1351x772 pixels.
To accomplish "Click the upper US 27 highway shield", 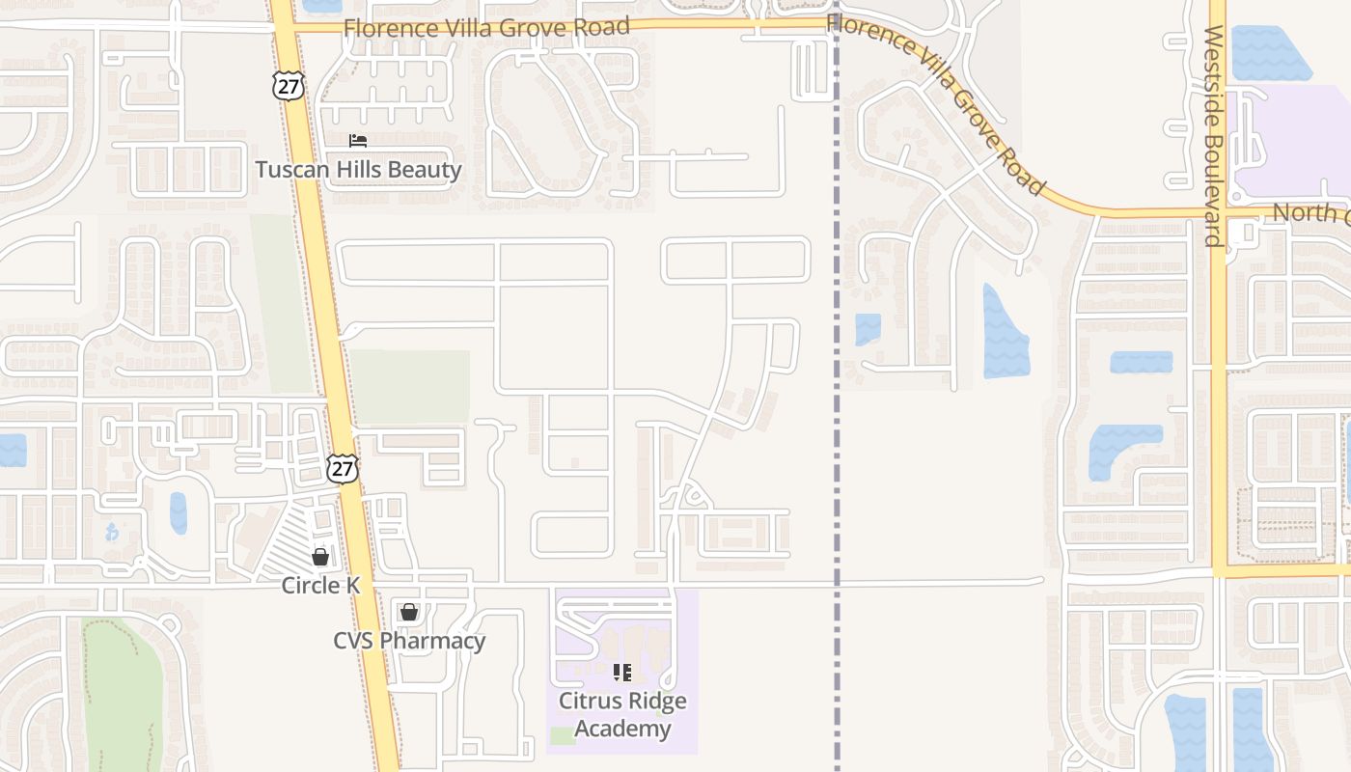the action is [x=288, y=85].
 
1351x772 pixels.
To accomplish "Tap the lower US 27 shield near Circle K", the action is [x=342, y=469].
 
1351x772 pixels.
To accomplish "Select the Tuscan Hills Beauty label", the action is [x=358, y=171].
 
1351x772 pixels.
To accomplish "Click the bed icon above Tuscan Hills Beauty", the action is [x=358, y=141].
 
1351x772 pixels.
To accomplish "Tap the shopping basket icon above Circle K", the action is [x=320, y=557].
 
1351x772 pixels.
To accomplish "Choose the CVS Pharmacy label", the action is [x=409, y=641].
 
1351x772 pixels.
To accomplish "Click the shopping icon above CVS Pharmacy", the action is [x=409, y=612].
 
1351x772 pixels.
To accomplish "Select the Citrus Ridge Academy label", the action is [x=622, y=714].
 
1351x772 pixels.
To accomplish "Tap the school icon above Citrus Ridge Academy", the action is [x=622, y=672].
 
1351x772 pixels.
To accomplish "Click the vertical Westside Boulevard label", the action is [x=1214, y=135].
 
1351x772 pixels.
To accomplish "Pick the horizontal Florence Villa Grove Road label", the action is [x=486, y=27].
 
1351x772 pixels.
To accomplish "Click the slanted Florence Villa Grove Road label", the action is [x=936, y=101].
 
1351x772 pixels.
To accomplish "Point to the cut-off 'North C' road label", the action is [x=1310, y=213].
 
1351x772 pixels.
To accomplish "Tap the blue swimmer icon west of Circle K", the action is [x=112, y=532].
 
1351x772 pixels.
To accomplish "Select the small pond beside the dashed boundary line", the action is [x=868, y=329].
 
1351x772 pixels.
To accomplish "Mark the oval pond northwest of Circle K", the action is [x=179, y=512].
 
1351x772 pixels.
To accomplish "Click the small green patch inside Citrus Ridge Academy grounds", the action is [x=563, y=736].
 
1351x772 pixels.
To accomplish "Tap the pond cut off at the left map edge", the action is [x=12, y=451].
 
